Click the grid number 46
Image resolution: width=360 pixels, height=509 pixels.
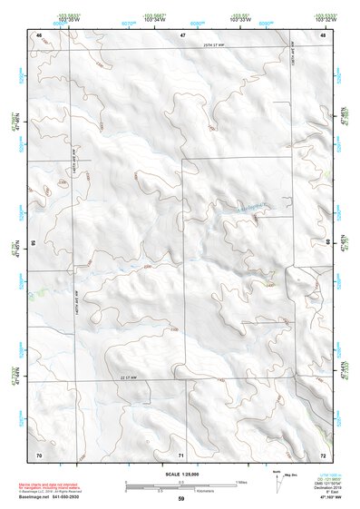click(39, 34)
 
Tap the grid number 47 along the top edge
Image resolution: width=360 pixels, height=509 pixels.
click(182, 34)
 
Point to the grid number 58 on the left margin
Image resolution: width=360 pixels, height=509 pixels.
click(34, 243)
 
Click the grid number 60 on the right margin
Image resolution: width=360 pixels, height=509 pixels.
click(326, 243)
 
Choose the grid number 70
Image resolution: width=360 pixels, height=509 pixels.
click(39, 453)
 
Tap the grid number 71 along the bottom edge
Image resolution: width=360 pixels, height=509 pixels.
click(181, 453)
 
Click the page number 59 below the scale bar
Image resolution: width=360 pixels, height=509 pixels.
click(181, 498)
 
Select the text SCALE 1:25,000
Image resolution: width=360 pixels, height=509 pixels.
click(181, 474)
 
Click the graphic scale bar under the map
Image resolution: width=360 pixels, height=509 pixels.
click(181, 484)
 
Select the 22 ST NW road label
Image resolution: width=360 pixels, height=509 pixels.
click(132, 376)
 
